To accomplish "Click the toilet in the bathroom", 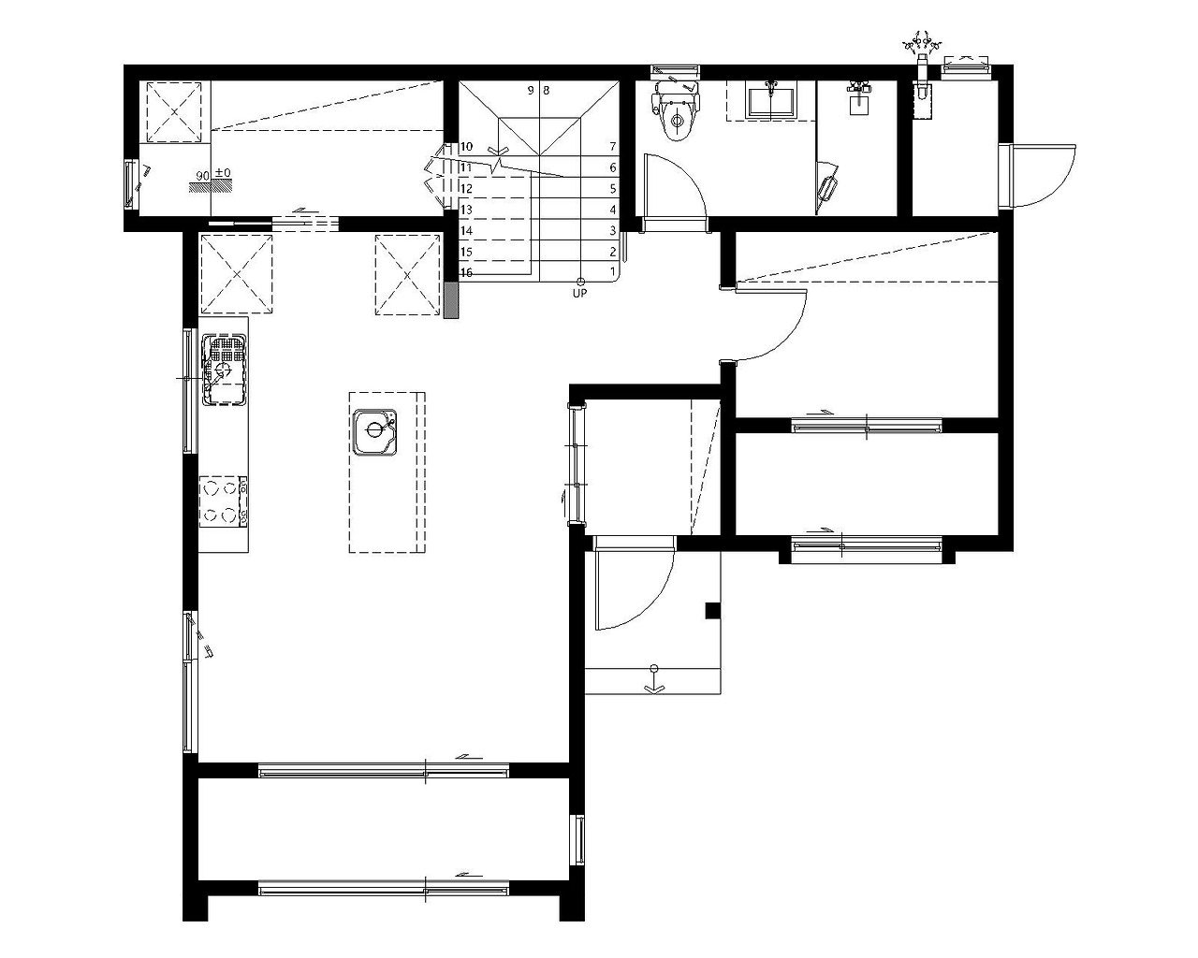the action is pos(676,111).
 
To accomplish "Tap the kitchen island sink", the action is pos(375,432).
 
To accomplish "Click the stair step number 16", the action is pos(466,273).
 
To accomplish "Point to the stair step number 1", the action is pos(613,271).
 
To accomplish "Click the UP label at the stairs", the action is pos(579,294).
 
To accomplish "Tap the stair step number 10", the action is pos(466,146).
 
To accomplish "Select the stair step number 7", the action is pos(613,146).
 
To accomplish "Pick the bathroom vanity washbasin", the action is pos(771,100).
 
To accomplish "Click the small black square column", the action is pos(713,611).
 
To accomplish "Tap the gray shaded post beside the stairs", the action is pos(451,300).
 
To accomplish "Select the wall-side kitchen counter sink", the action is pos(224,370).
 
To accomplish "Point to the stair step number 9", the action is pos(531,90).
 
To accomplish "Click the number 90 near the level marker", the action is pos(203,176).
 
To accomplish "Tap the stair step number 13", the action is pos(466,210).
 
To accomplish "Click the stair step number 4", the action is pos(613,210).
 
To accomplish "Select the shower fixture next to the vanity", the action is pos(859,98).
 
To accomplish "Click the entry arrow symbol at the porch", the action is pos(654,679).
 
